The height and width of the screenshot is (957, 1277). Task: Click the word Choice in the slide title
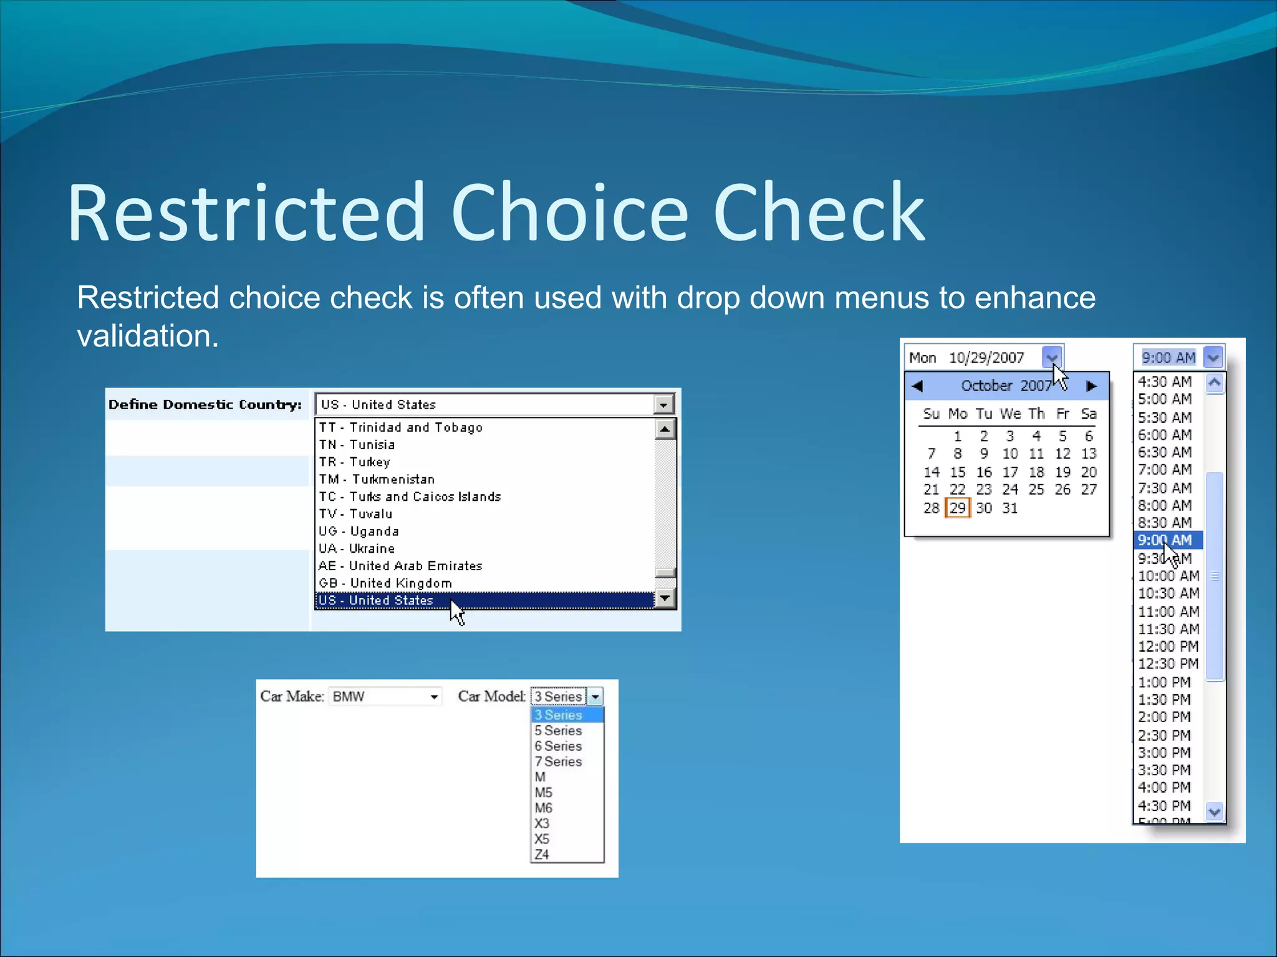pos(569,213)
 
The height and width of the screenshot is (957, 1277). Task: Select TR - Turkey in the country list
pos(355,462)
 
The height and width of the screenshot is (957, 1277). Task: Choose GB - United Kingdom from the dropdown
pos(385,583)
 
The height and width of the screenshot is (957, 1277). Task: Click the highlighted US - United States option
pos(376,600)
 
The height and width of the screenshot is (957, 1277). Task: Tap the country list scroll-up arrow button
pos(665,429)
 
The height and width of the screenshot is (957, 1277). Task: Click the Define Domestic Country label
pos(205,404)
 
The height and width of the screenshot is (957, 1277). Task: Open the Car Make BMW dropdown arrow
pos(434,697)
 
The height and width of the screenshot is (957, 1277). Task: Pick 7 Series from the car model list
pos(558,761)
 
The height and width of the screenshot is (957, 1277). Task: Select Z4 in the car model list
pos(542,854)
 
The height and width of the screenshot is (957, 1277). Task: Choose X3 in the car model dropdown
pos(542,823)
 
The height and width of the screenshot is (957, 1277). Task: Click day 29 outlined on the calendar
pos(957,508)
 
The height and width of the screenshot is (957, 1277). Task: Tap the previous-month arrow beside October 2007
pos(917,386)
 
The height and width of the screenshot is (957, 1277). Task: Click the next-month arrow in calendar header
pos(1091,386)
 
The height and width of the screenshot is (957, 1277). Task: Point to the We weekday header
pos(1010,414)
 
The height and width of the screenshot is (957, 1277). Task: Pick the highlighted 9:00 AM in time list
pos(1164,540)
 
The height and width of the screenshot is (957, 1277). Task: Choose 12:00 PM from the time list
pos(1168,646)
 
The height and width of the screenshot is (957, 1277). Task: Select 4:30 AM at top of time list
pos(1164,381)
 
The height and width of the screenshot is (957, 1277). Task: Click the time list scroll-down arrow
pos(1214,811)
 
